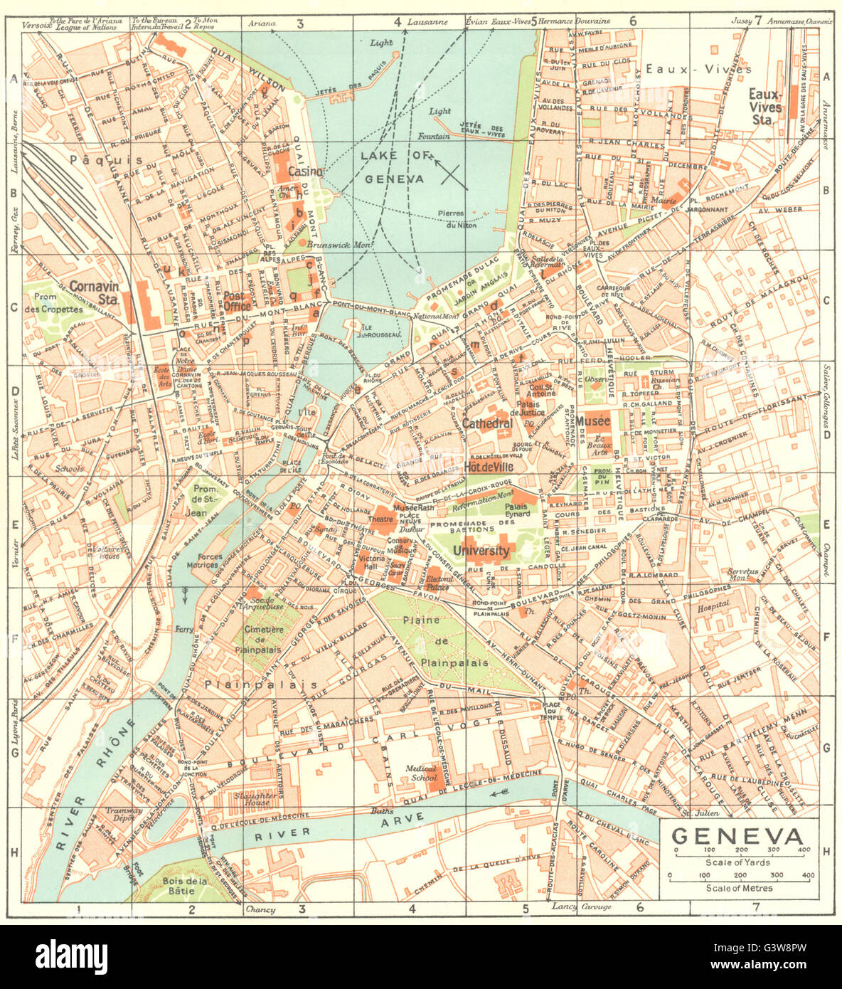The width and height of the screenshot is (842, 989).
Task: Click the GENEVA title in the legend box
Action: [738, 837]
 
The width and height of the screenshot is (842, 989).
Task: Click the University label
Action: [481, 551]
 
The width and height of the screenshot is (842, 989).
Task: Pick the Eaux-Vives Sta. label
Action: [765, 100]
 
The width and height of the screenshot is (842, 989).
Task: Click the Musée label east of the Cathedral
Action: [593, 421]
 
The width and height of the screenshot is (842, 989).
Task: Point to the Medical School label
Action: [422, 773]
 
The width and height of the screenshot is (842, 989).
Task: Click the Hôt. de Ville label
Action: [489, 467]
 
